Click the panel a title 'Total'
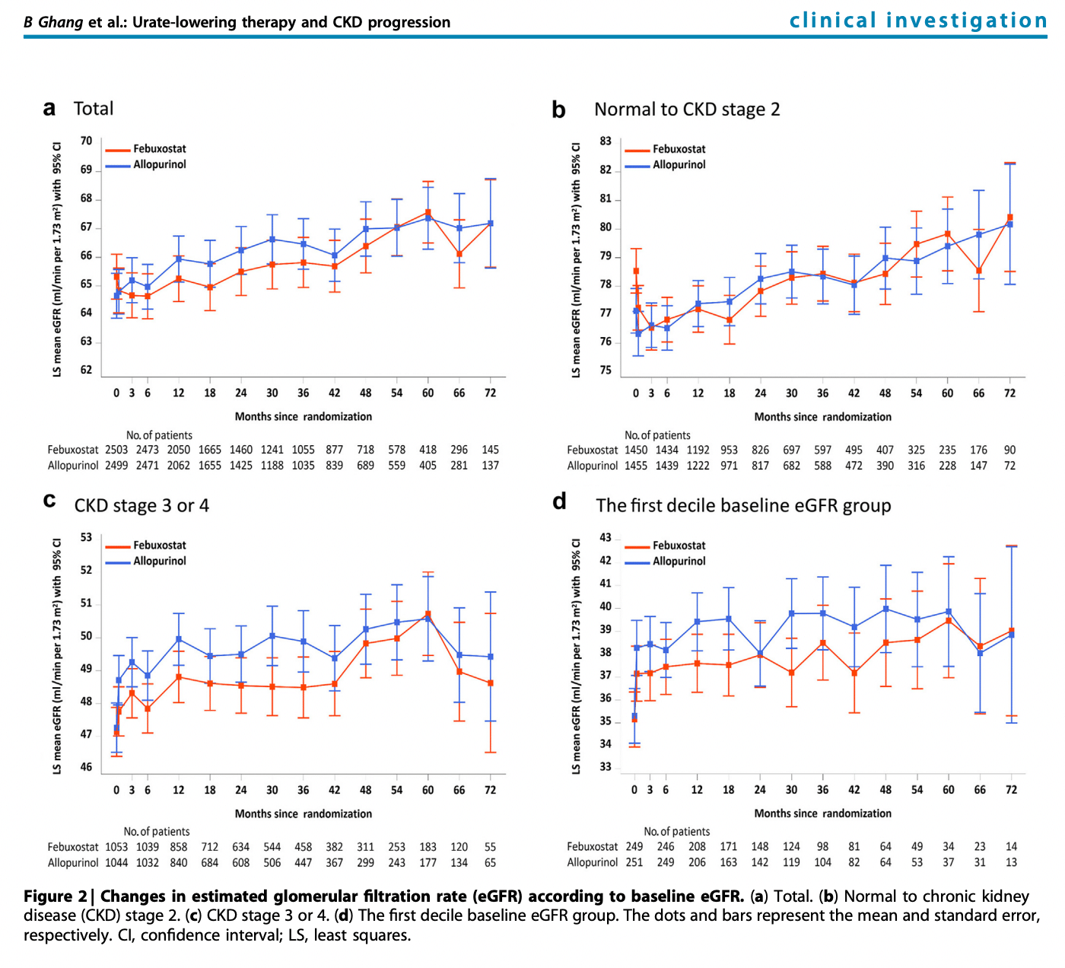(x=94, y=109)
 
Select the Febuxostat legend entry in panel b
(x=679, y=149)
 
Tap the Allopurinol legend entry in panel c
(x=159, y=561)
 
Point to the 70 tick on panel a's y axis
(x=87, y=141)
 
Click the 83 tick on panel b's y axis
(x=606, y=141)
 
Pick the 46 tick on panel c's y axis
(x=87, y=767)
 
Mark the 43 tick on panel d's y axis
(x=606, y=537)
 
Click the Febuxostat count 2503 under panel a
(x=116, y=450)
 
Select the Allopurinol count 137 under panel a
(x=490, y=465)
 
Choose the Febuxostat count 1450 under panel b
(x=636, y=450)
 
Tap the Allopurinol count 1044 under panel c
(x=116, y=862)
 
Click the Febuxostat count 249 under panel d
(x=634, y=846)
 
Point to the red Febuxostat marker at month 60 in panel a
(x=428, y=212)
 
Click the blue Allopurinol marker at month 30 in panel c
(x=272, y=635)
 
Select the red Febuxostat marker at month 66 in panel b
(x=979, y=270)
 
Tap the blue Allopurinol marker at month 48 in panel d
(x=885, y=609)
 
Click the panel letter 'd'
(x=559, y=502)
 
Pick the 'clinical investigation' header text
(x=918, y=21)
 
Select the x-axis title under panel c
(x=304, y=814)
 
